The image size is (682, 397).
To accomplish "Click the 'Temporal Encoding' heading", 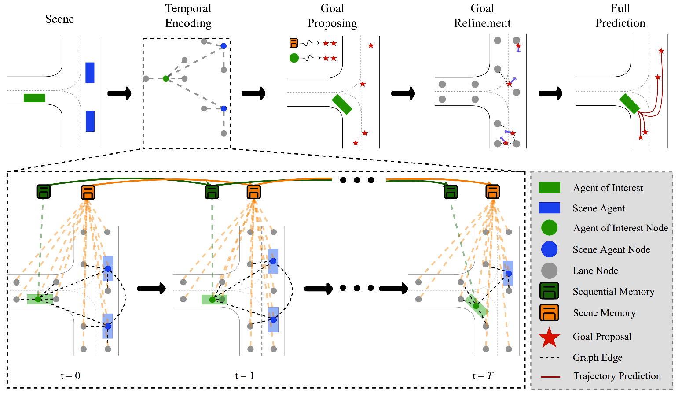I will pos(188,16).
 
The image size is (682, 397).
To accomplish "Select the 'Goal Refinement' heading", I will pos(482,16).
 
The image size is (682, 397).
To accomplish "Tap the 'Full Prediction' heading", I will pos(620,16).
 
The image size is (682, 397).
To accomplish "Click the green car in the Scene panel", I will pos(34,98).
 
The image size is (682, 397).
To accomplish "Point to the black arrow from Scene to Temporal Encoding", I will pos(119,93).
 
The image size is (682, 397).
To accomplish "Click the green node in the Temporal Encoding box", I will pos(166,78).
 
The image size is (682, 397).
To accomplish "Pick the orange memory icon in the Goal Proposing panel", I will pos(293,43).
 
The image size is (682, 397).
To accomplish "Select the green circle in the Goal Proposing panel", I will pos(294,58).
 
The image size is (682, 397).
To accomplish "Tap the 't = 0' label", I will pos(70,376).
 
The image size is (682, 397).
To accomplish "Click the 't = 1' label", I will pos(244,376).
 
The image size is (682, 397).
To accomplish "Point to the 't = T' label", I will pos(483,376).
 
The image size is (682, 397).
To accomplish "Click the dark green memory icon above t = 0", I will pos(43,192).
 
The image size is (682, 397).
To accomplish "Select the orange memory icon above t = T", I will pos(492,192).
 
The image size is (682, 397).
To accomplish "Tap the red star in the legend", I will pos(549,338).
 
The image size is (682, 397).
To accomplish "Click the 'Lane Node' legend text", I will pos(595,271).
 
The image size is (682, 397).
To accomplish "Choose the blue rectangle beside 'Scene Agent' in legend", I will pos(549,208).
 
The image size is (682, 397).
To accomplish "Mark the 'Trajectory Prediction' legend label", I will pos(617,376).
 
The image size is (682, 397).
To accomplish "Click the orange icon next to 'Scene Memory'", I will pos(549,313).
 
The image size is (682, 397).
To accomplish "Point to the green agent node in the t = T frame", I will pos(476,306).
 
